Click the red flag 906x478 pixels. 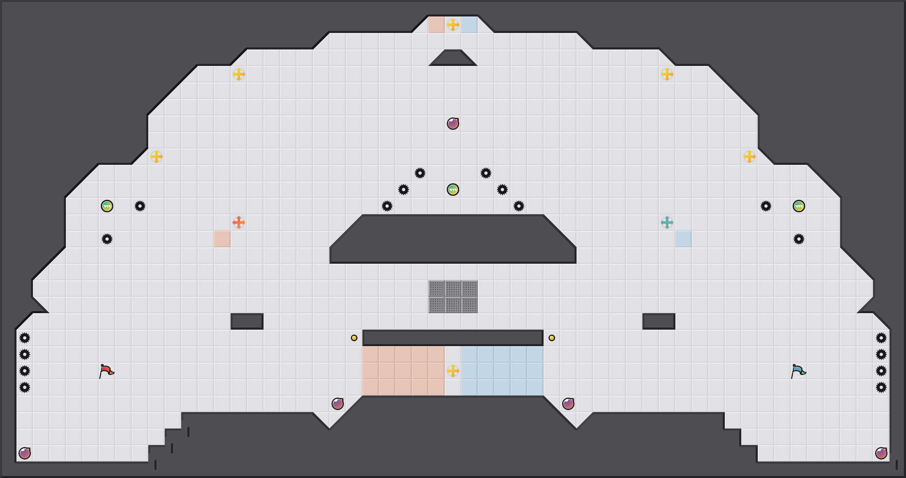coord(106,371)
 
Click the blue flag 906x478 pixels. coord(798,371)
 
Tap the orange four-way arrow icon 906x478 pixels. coord(239,223)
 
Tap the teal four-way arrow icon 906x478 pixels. coord(667,223)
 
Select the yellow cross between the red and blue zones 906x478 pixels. coord(453,371)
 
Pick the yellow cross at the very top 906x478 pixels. coord(453,25)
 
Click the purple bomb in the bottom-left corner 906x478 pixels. coord(25,453)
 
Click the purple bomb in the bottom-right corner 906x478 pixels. coord(881,453)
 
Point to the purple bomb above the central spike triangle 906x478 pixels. coord(453,124)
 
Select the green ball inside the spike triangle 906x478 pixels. coord(453,190)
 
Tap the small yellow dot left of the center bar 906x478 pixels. coord(354,338)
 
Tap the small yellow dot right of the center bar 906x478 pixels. coord(552,338)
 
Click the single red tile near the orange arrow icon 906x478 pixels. coord(222,239)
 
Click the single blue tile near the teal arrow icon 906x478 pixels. coord(684,239)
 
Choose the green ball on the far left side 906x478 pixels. coord(107,206)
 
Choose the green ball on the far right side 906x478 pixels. coord(799,206)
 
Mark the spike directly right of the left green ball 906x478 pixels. coord(140,206)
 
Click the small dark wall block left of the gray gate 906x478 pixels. coord(247,321)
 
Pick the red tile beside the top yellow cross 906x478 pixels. coord(437,25)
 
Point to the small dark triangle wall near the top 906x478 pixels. coord(453,59)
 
